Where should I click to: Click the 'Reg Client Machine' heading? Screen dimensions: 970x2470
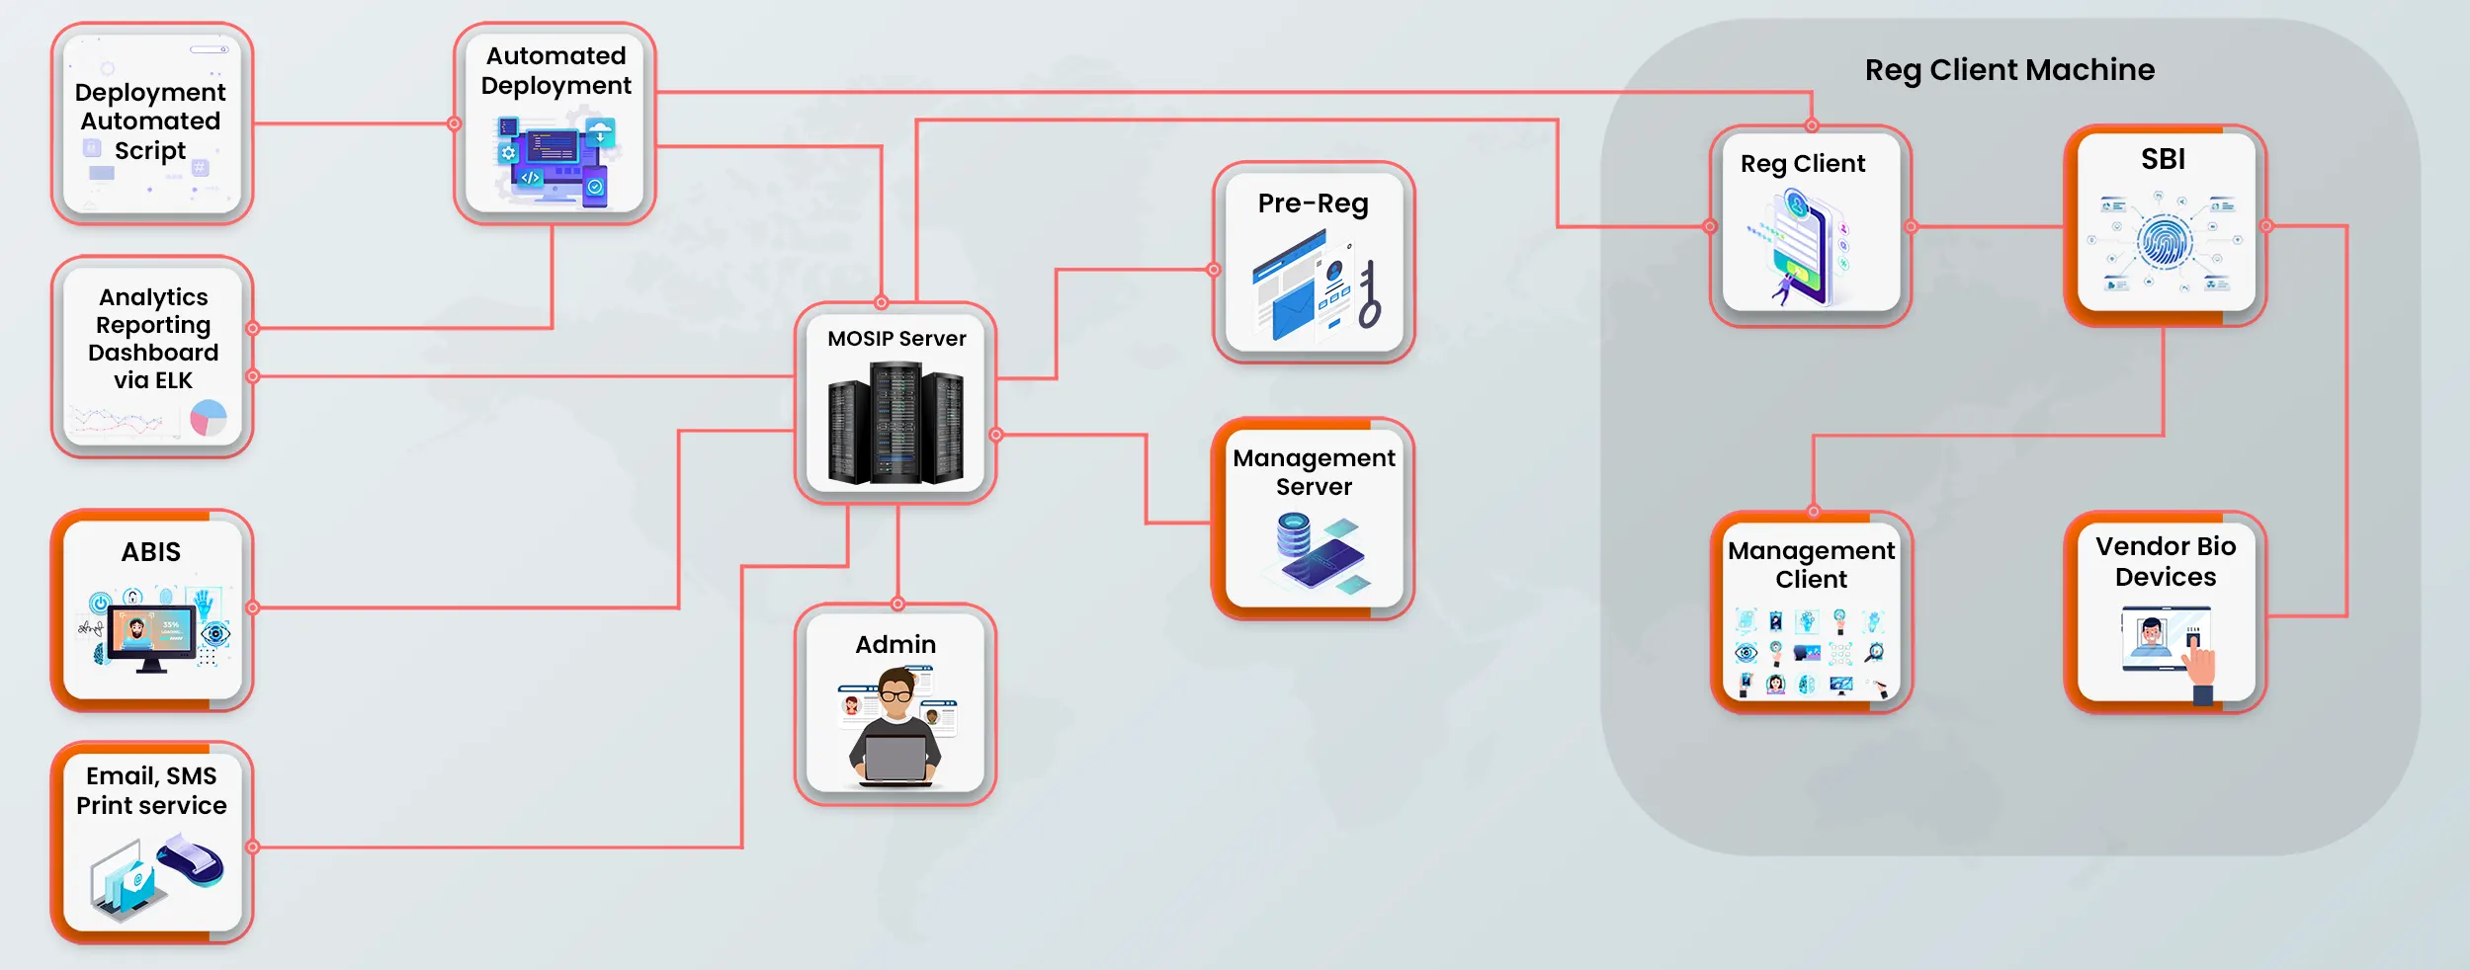pos(2009,70)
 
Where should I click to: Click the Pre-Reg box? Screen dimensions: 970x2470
pos(1314,263)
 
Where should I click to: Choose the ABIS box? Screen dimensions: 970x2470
pos(152,610)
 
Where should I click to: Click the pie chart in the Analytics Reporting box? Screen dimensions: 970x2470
pos(209,418)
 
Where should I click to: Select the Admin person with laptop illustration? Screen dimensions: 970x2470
pos(895,726)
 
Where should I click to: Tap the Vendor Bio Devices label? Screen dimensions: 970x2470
pos(2166,561)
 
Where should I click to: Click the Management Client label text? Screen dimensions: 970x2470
pos(1811,564)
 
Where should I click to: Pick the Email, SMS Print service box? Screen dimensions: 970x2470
pos(152,843)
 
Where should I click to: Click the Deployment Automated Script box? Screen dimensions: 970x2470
pos(152,123)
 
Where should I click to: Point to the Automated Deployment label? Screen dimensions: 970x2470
pos(555,70)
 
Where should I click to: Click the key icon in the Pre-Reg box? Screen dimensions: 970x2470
pos(1369,295)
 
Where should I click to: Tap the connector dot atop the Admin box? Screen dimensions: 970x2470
pos(897,604)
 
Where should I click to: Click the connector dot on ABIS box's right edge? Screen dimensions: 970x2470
pos(253,607)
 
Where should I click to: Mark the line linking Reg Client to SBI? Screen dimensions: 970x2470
pos(1987,226)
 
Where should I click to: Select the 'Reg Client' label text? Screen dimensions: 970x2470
pos(1803,164)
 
